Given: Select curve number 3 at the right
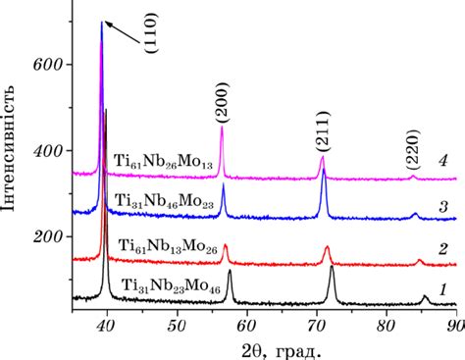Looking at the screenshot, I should [x=442, y=206].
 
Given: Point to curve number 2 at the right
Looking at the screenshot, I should [x=442, y=250].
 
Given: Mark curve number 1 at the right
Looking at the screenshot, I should [x=442, y=289].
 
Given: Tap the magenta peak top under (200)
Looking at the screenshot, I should [x=222, y=128].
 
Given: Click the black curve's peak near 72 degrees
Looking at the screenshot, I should [x=332, y=268].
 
